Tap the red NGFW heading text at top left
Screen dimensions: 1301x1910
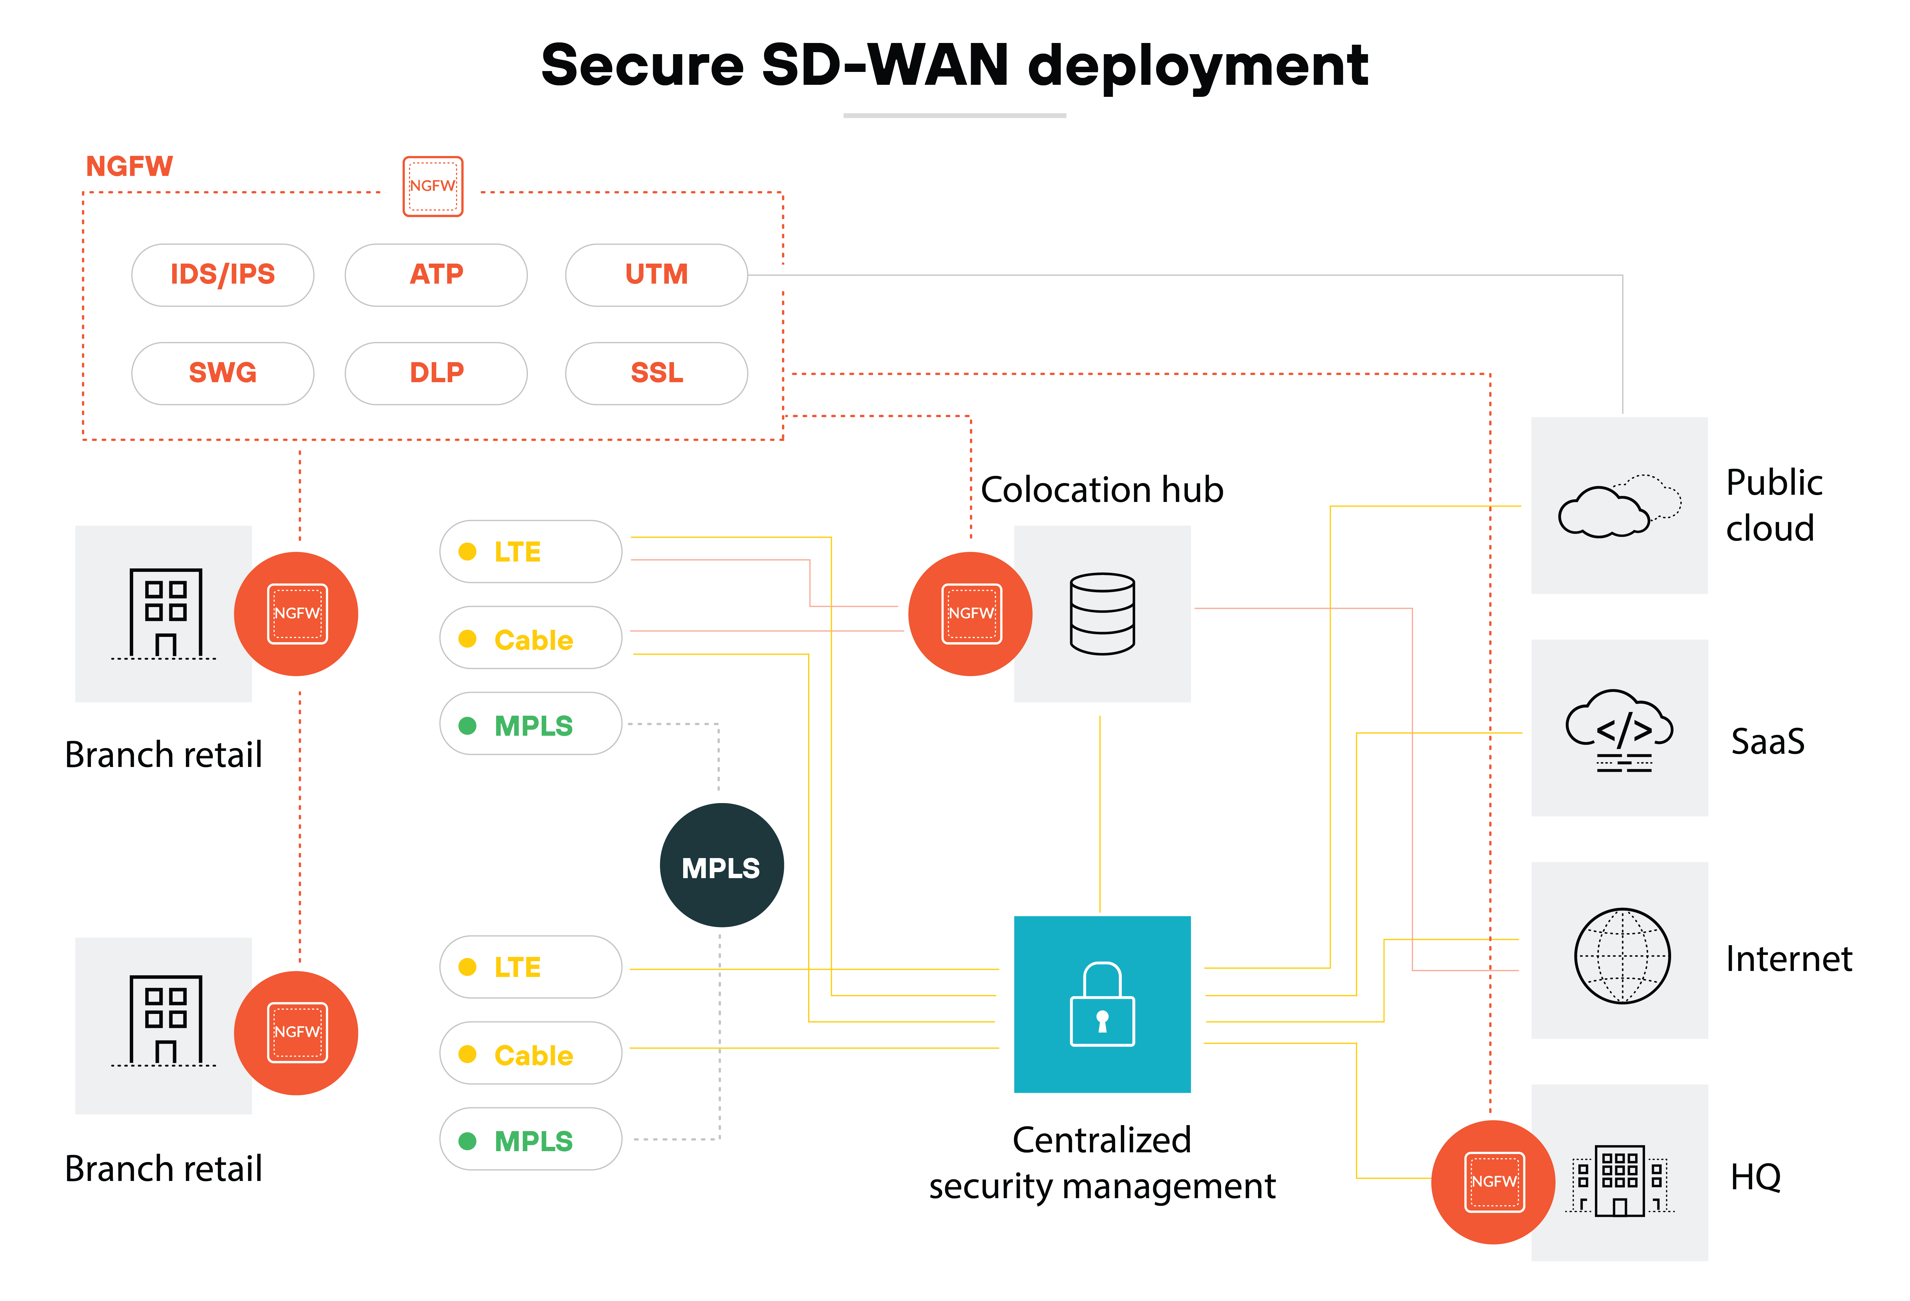(x=129, y=167)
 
